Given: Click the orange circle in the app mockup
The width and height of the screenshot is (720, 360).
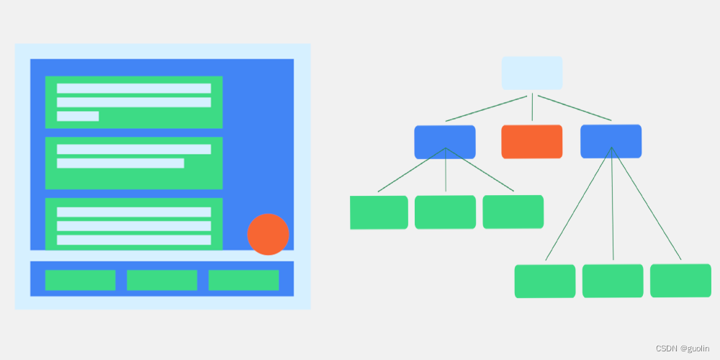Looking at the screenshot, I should coord(268,234).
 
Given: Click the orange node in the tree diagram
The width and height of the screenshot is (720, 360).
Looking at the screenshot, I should coord(532,141).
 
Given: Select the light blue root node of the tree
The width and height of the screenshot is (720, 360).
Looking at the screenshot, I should coord(532,73).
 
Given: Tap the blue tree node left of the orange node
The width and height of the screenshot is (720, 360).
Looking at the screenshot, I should coord(445,142).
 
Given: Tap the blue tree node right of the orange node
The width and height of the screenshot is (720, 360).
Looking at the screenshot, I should coord(611,141).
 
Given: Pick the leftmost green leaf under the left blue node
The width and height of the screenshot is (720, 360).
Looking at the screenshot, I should coord(379,212).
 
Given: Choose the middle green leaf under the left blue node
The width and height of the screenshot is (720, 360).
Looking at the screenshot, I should coord(445,212).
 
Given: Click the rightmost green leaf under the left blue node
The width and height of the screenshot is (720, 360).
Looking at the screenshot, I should coord(513,212).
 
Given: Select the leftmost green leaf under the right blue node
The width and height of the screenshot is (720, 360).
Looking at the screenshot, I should coord(545,281).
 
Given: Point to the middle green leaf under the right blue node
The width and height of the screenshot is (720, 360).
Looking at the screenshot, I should coord(613,281).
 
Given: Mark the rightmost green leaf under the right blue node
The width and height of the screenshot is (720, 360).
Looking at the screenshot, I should coord(680,280).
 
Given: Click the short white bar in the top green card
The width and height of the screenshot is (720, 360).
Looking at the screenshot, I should coord(78,116).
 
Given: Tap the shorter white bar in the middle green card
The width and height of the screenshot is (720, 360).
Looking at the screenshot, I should coord(120,163).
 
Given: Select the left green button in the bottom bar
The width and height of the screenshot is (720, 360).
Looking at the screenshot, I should coord(80,280).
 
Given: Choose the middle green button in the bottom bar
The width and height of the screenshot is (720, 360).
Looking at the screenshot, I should coord(162,280).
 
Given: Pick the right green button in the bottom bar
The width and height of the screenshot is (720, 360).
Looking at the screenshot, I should coord(243,280).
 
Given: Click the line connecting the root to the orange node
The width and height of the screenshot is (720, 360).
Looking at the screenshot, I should coord(532,107).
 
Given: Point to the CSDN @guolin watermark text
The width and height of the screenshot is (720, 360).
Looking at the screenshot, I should coord(681,348).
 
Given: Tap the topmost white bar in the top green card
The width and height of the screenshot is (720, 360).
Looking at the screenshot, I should coord(134,88).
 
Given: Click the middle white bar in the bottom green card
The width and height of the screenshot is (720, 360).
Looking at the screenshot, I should coord(134,226).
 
